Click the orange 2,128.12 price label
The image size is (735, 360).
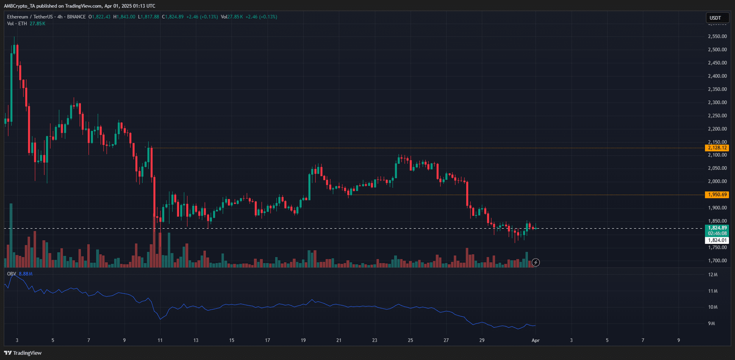pyautogui.click(x=717, y=148)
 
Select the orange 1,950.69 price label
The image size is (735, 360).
pyautogui.click(x=717, y=195)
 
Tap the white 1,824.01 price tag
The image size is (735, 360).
pyautogui.click(x=717, y=240)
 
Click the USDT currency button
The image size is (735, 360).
pyautogui.click(x=715, y=18)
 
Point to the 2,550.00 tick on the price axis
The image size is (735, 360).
pyautogui.click(x=717, y=36)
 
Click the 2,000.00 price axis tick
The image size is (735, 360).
pyautogui.click(x=717, y=181)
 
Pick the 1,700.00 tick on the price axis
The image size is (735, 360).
pyautogui.click(x=717, y=261)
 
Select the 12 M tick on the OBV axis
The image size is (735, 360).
pyautogui.click(x=712, y=275)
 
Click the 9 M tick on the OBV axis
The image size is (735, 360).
pyautogui.click(x=711, y=324)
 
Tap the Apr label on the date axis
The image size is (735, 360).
pyautogui.click(x=535, y=340)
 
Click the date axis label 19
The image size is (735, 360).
pyautogui.click(x=303, y=340)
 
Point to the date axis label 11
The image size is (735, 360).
pyautogui.click(x=160, y=340)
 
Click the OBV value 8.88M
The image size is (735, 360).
pyautogui.click(x=26, y=274)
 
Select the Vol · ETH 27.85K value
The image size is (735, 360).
pyautogui.click(x=37, y=23)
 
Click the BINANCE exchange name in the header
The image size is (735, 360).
pyautogui.click(x=76, y=17)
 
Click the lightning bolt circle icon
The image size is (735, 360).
pyautogui.click(x=536, y=263)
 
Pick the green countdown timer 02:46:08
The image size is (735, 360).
pyautogui.click(x=717, y=234)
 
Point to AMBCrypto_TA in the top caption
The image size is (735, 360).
pyautogui.click(x=19, y=6)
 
